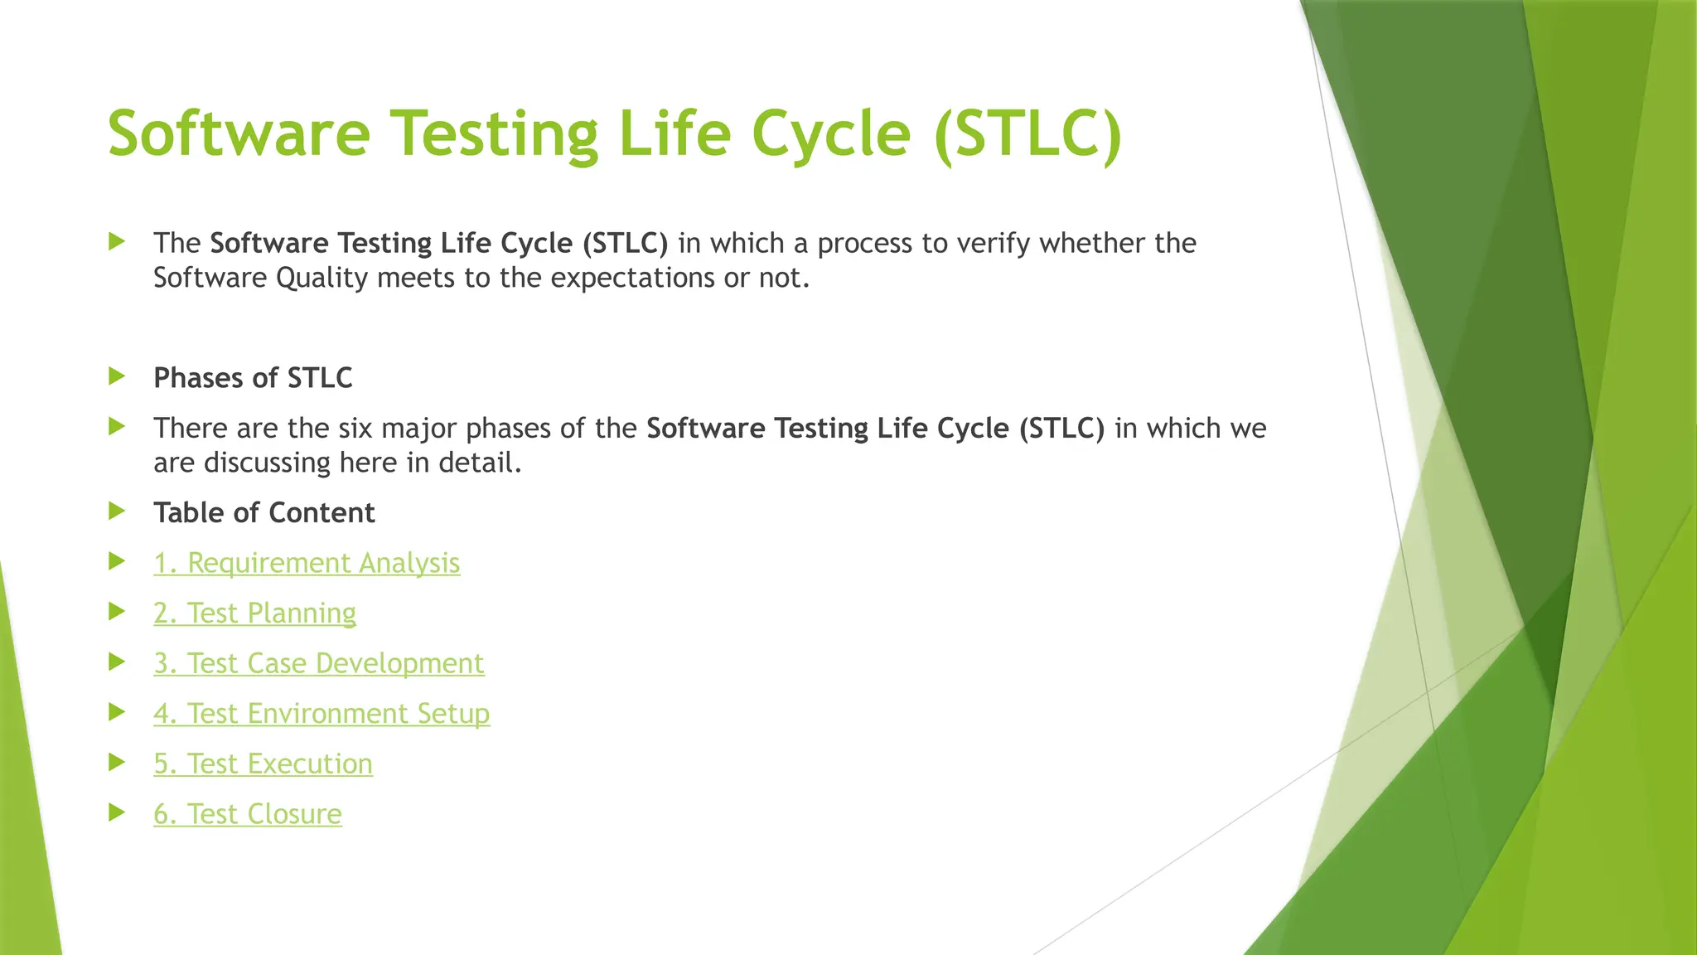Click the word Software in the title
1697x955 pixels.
click(x=239, y=134)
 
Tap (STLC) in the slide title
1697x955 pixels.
click(x=1027, y=134)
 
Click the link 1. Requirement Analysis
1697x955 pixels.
click(x=307, y=563)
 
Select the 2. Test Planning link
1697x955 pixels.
click(x=254, y=613)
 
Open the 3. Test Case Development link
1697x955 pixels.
click(x=318, y=664)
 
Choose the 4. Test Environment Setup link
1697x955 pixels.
click(x=322, y=714)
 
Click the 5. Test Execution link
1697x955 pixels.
click(x=263, y=764)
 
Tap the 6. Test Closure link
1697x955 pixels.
click(x=247, y=814)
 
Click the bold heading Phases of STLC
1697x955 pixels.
click(x=253, y=378)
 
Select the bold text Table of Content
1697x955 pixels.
click(x=263, y=513)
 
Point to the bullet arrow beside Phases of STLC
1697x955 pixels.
click(x=117, y=377)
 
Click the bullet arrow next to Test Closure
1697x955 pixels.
click(x=117, y=812)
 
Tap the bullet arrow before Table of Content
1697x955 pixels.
click(x=117, y=511)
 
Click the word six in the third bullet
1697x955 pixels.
click(x=355, y=429)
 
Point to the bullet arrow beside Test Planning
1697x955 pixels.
click(x=117, y=612)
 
